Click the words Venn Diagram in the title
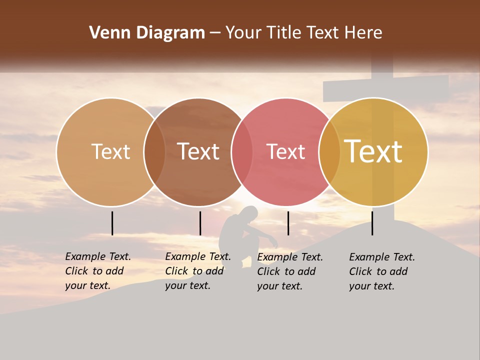pos(147,33)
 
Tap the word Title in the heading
pos(284,33)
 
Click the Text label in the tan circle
pos(110,151)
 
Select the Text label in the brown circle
pos(198,151)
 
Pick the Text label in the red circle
pos(285,151)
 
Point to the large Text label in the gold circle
pos(373,151)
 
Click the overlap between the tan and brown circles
pos(154,151)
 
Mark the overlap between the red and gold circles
pos(329,151)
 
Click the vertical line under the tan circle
pos(112,223)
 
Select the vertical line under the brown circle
pos(200,223)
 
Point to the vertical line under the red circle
pos(288,223)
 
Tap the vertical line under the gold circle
pos(372,223)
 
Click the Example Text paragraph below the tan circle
pos(97,271)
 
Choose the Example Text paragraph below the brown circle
pos(197,271)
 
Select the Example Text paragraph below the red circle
pos(289,271)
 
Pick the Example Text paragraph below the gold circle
pos(381,271)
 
